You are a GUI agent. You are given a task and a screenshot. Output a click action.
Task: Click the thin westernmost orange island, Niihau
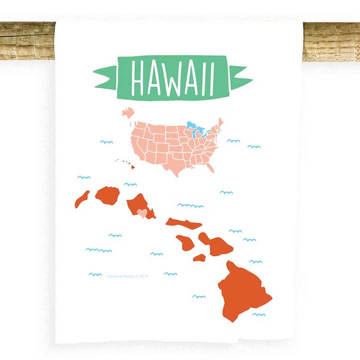tap(81, 199)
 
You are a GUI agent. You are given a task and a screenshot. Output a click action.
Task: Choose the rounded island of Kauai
tap(107, 195)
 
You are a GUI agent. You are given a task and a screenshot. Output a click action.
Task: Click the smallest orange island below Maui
tap(199, 257)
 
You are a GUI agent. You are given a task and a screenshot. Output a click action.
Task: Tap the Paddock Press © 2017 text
tap(128, 275)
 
